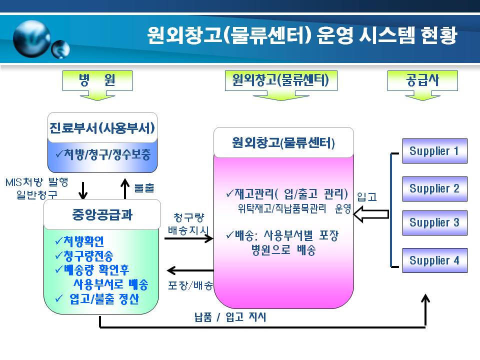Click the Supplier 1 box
pos(434,151)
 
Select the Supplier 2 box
pos(434,189)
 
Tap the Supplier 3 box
pos(434,223)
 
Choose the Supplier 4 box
pos(434,260)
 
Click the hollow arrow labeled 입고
pos(371,214)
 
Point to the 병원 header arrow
pos(97,85)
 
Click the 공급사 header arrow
pos(422,85)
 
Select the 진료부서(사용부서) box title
pos(102,128)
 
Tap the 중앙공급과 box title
pos(102,214)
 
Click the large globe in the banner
pos(32,38)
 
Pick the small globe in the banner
pos(60,49)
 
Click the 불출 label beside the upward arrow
pos(144,187)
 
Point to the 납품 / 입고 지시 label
pos(230,317)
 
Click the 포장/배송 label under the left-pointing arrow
pos(190,285)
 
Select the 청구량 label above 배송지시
pos(189,217)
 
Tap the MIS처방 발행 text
pos(36,182)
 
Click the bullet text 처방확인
pos(83,241)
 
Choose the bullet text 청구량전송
pos(88,255)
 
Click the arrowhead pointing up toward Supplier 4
pos(425,298)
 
